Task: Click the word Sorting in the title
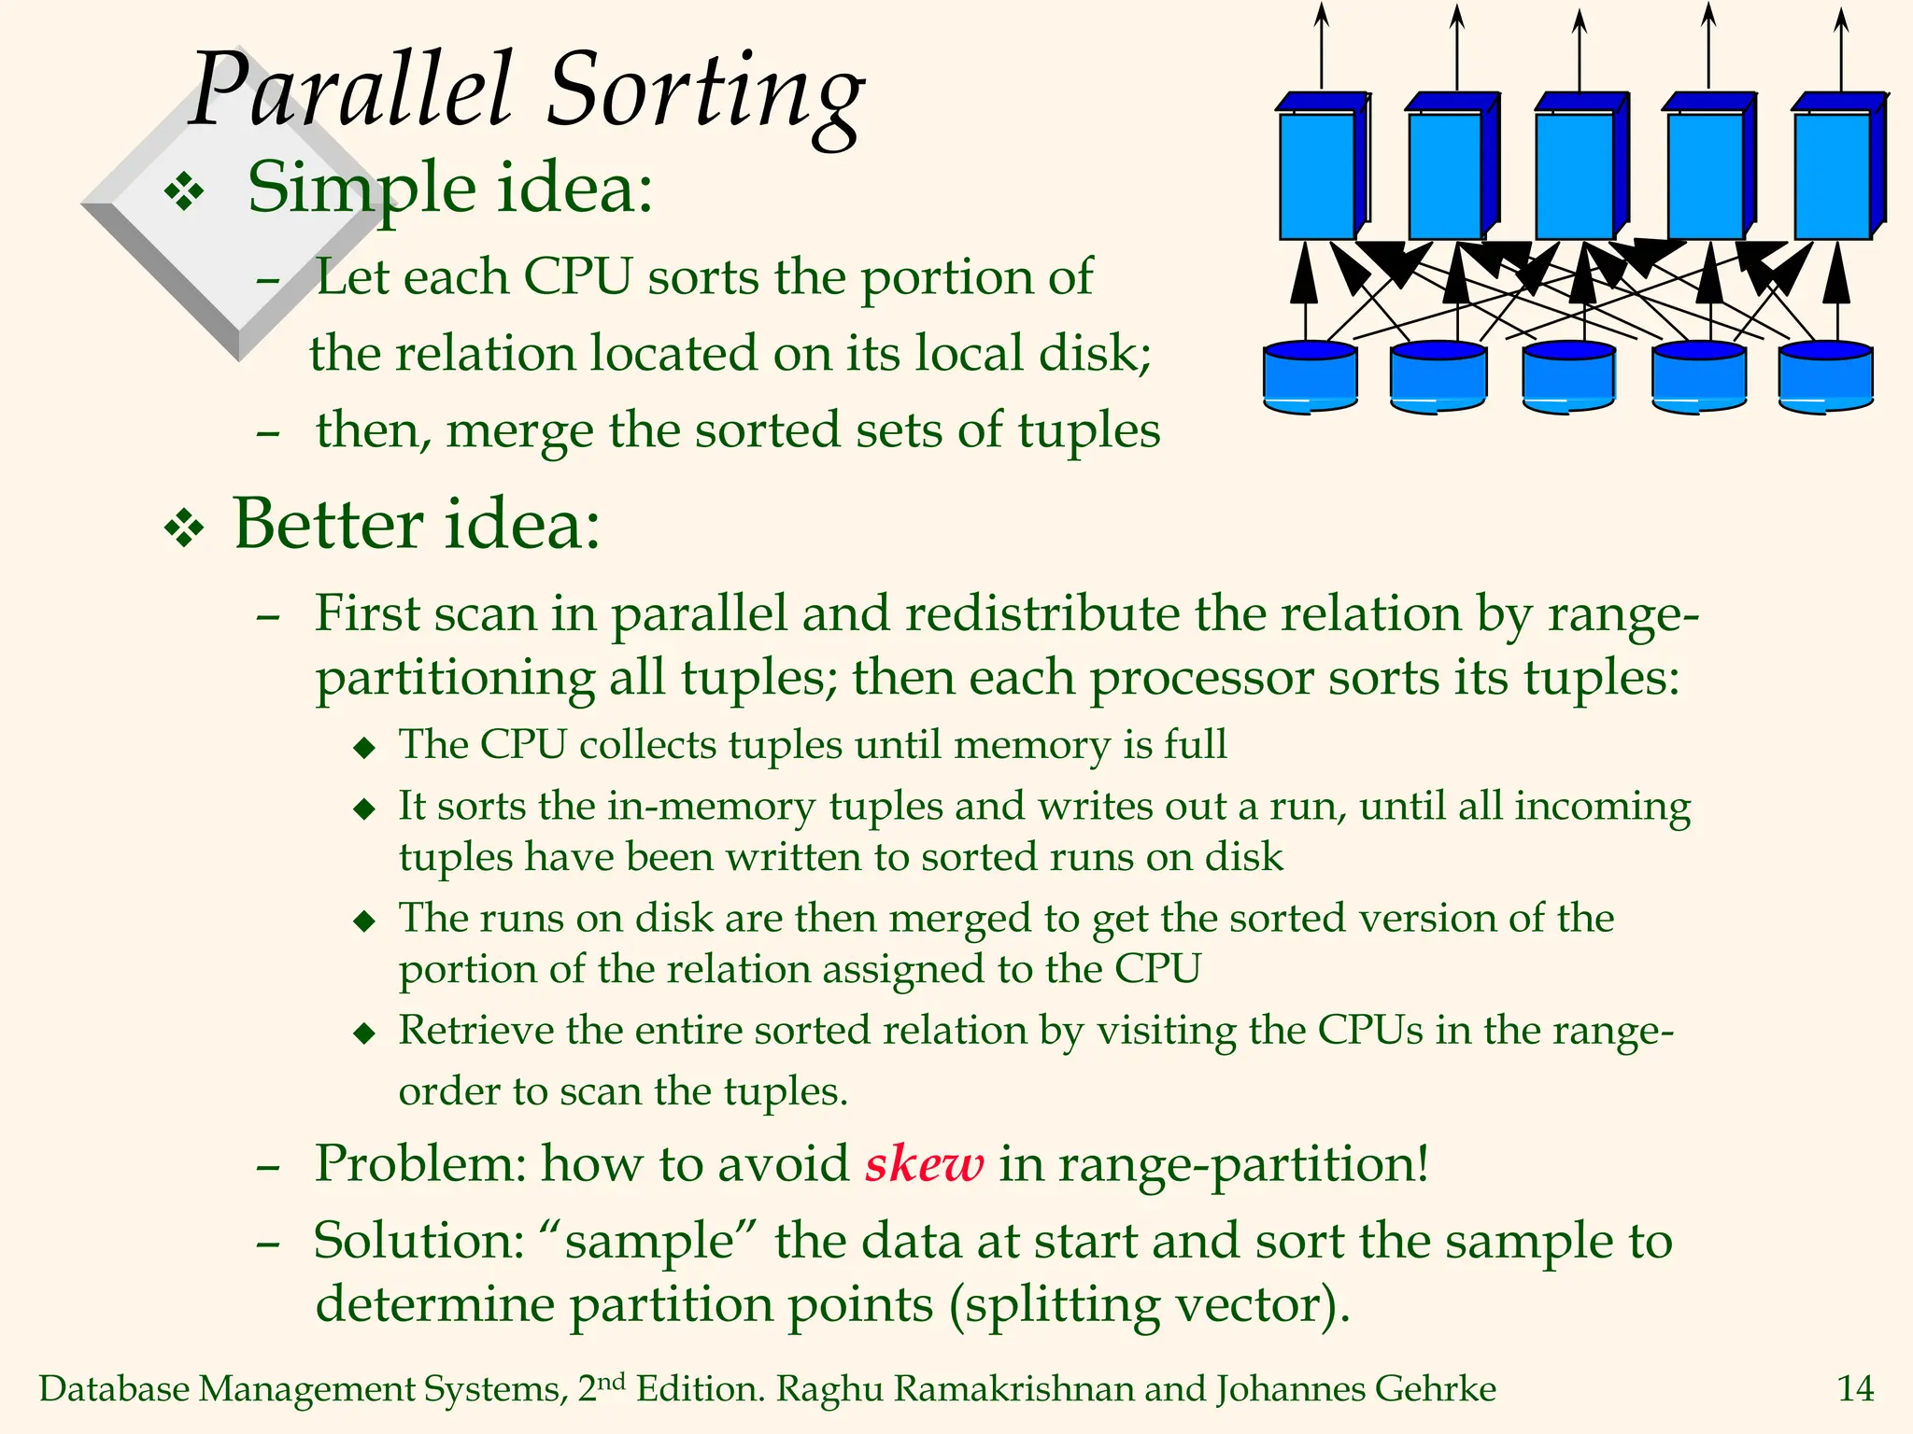coord(705,93)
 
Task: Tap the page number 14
coord(1855,1389)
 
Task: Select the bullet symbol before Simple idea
coord(184,193)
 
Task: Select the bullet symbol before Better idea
coord(184,529)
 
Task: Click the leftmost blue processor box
coord(1319,173)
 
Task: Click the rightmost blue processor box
coord(1836,173)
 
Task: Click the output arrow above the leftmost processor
coord(1321,47)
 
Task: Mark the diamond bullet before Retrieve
coord(364,1033)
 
